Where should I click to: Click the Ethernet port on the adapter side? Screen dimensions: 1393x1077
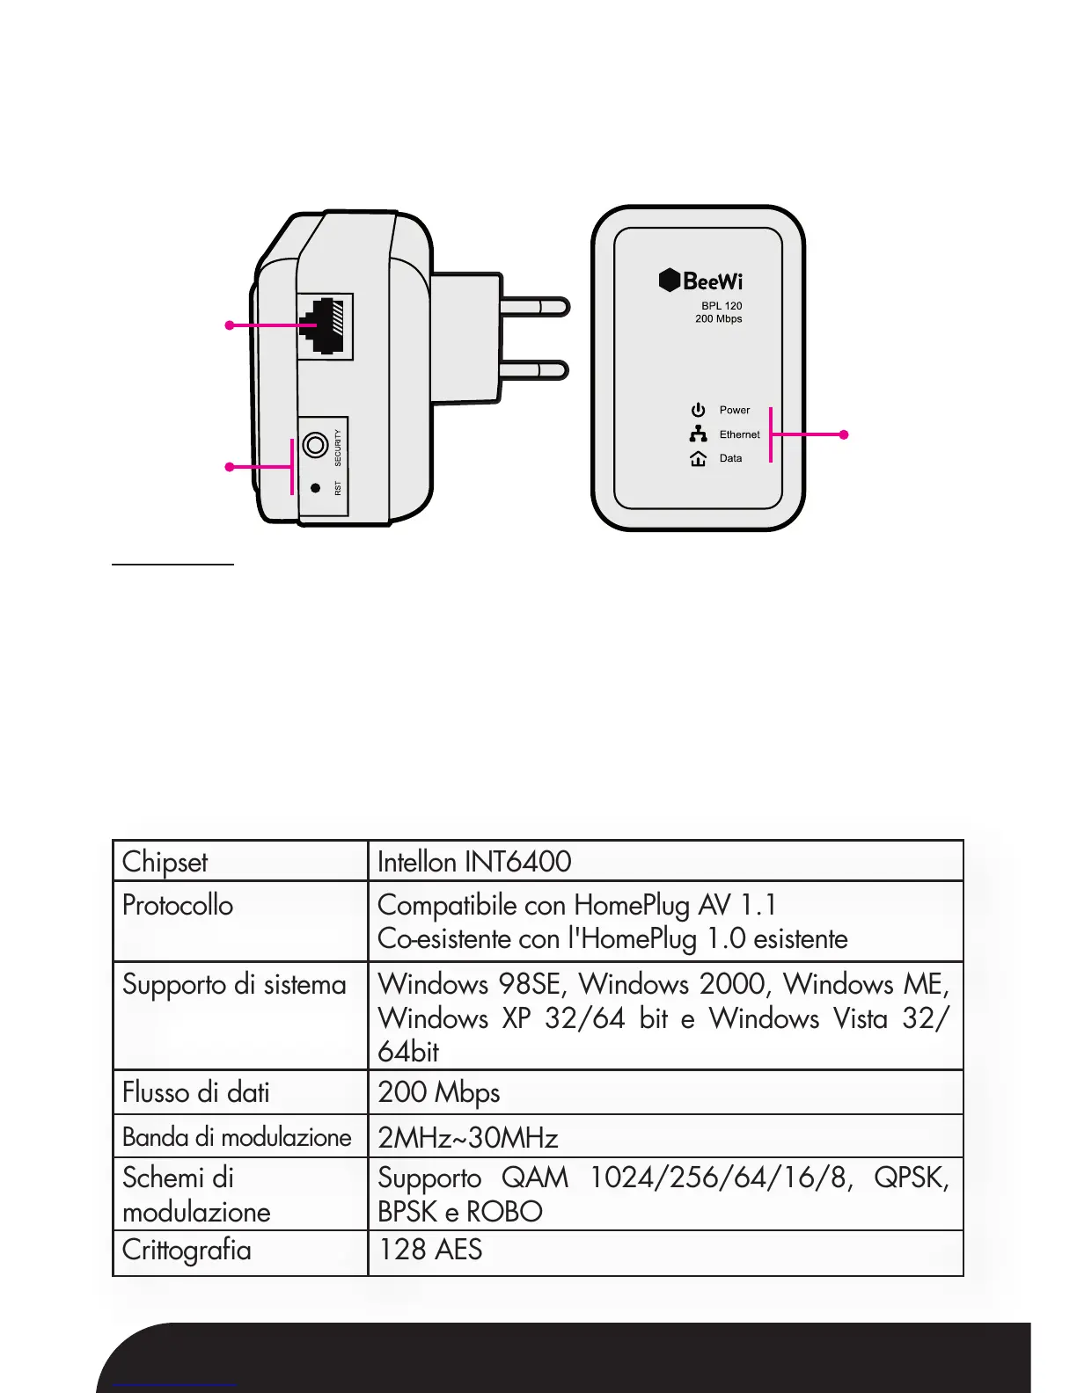[x=326, y=326]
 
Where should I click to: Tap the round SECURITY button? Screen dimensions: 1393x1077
[x=315, y=445]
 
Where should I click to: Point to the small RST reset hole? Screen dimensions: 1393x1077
[x=315, y=487]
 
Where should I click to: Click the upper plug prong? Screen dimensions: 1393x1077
[x=534, y=306]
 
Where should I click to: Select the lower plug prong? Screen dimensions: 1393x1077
[x=534, y=370]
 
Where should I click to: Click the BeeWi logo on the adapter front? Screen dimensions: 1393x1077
[x=701, y=281]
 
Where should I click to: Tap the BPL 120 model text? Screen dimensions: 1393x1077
[x=722, y=306]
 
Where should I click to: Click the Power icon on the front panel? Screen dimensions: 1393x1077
[x=699, y=410]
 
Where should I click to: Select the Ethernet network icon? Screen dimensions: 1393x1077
[x=699, y=434]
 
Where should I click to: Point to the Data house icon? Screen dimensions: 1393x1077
[x=699, y=458]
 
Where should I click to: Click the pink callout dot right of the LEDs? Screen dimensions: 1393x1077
[x=844, y=434]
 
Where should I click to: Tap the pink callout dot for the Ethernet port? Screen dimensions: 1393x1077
[x=230, y=325]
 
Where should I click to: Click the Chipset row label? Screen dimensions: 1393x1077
[x=165, y=862]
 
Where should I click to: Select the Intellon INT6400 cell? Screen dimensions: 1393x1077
[x=474, y=862]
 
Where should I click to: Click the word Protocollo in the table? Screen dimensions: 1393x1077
[x=178, y=905]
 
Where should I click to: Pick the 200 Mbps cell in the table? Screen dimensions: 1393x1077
[x=439, y=1092]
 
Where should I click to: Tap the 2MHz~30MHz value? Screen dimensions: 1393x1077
[x=468, y=1138]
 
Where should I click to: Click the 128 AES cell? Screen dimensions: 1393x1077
[x=430, y=1250]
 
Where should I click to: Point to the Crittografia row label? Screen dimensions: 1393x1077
[x=187, y=1251]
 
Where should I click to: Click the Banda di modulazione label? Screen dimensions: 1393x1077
[x=237, y=1137]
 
